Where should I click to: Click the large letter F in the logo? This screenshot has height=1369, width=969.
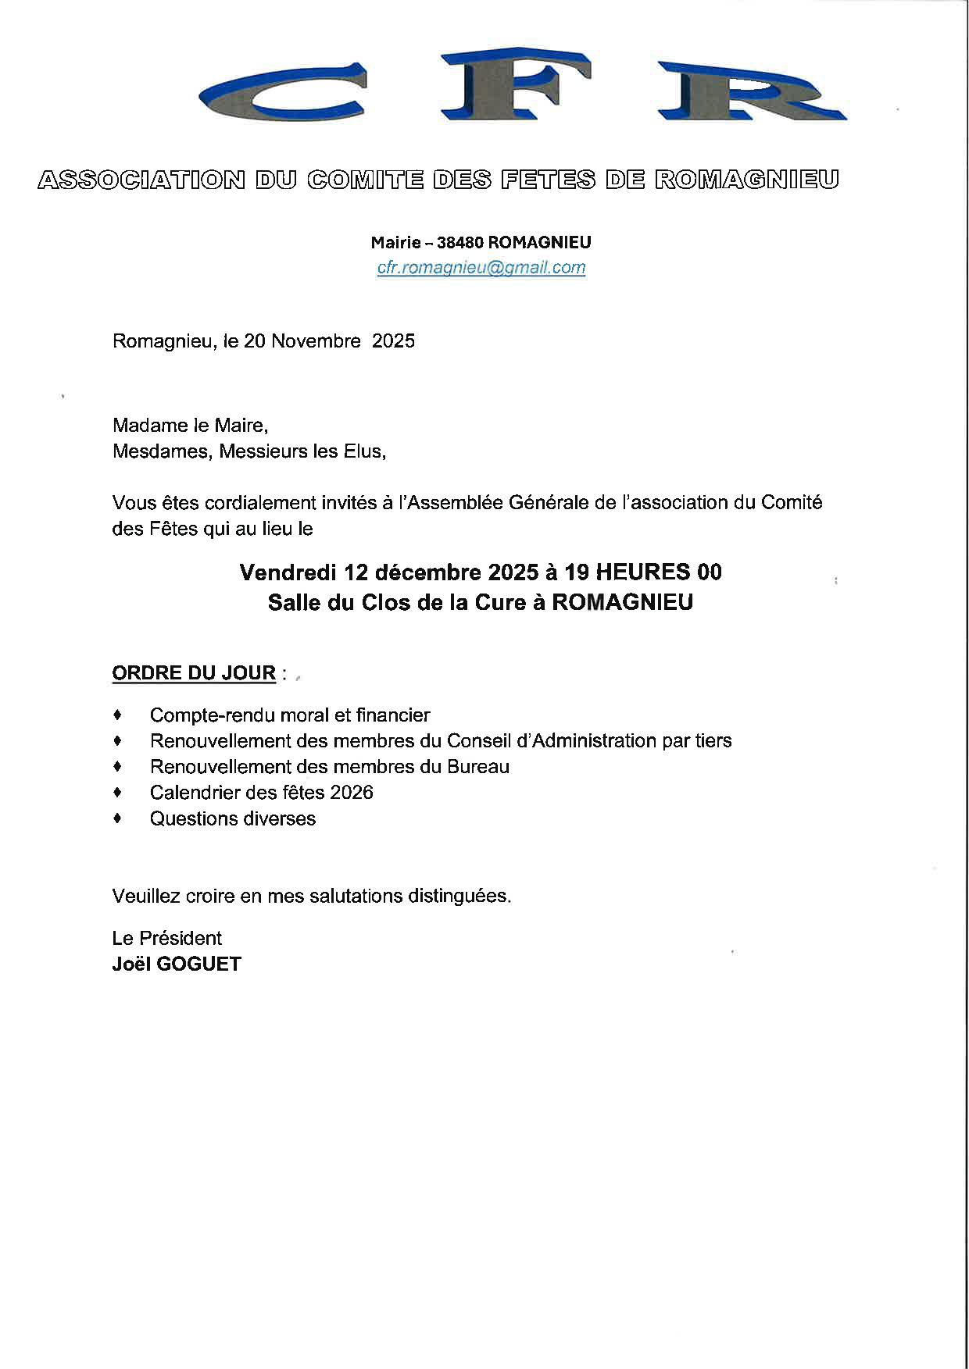(516, 84)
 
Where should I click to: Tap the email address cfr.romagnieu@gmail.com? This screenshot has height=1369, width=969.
(481, 268)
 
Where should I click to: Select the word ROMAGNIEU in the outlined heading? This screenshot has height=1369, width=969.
(746, 180)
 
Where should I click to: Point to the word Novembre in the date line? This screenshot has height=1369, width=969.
(316, 341)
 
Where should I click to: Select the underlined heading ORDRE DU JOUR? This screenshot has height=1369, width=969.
(194, 673)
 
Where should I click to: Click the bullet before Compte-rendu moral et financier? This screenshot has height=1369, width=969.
(118, 715)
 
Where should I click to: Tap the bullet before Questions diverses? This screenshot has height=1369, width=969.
(118, 818)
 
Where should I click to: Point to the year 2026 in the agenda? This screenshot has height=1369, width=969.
(352, 793)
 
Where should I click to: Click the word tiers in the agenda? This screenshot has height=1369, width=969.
(713, 740)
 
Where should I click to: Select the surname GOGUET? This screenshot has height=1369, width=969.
(198, 964)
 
